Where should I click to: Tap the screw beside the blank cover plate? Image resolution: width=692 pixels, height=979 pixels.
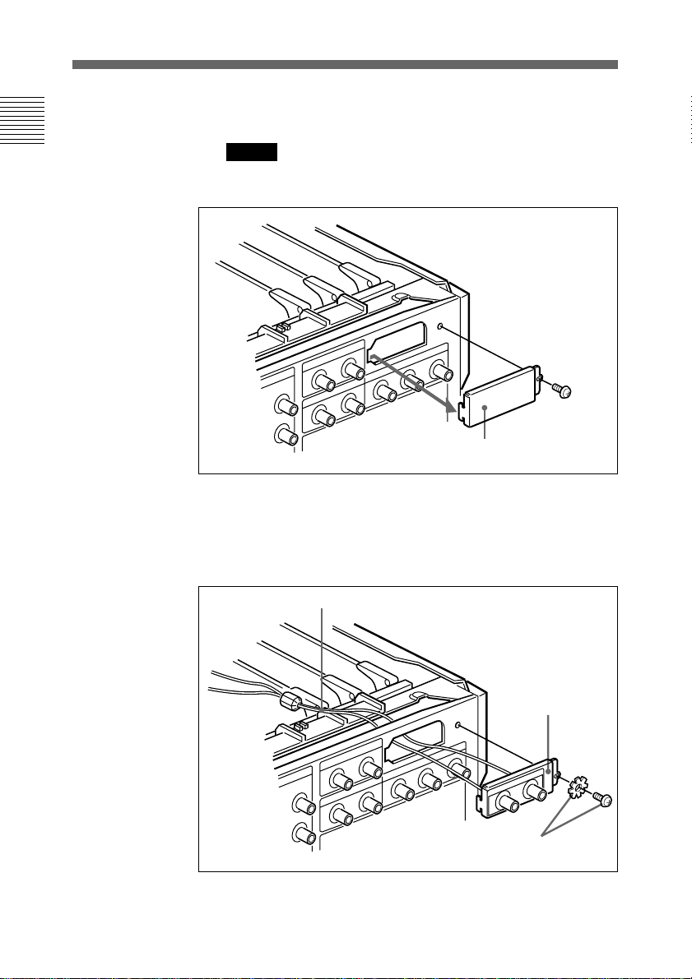[x=562, y=386]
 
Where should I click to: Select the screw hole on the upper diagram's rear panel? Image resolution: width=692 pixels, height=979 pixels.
[x=442, y=327]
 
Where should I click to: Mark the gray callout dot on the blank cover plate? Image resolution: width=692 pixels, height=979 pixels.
[x=485, y=408]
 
